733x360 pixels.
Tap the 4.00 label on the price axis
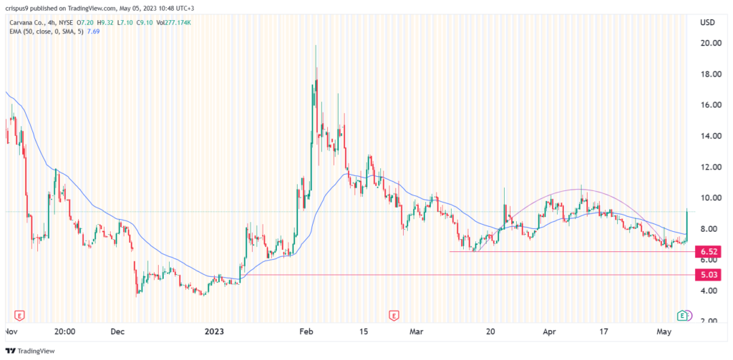pyautogui.click(x=709, y=291)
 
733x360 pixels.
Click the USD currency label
pyautogui.click(x=708, y=22)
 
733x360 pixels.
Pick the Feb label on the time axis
pyautogui.click(x=306, y=331)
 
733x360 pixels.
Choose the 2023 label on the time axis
pyautogui.click(x=214, y=331)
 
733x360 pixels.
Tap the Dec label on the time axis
pyautogui.click(x=118, y=331)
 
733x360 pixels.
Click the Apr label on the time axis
pyautogui.click(x=549, y=331)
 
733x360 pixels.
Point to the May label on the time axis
pyautogui.click(x=666, y=331)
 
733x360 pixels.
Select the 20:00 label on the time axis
pyautogui.click(x=64, y=331)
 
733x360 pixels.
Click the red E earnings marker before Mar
pyautogui.click(x=393, y=315)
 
